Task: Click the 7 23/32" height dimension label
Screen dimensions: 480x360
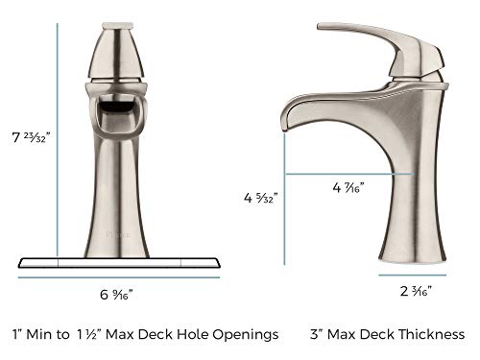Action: click(x=31, y=137)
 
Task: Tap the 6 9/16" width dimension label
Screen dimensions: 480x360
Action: click(x=116, y=295)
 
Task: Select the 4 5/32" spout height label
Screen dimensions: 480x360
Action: click(x=260, y=198)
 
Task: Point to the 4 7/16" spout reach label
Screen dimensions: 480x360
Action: click(x=348, y=187)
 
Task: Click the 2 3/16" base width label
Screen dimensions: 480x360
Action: click(x=416, y=291)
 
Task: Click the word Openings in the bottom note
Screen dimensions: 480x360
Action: click(x=246, y=335)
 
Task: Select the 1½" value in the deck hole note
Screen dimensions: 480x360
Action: click(x=88, y=334)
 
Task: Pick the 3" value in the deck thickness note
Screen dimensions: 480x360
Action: click(x=317, y=334)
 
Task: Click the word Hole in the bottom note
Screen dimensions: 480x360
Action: click(x=193, y=334)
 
